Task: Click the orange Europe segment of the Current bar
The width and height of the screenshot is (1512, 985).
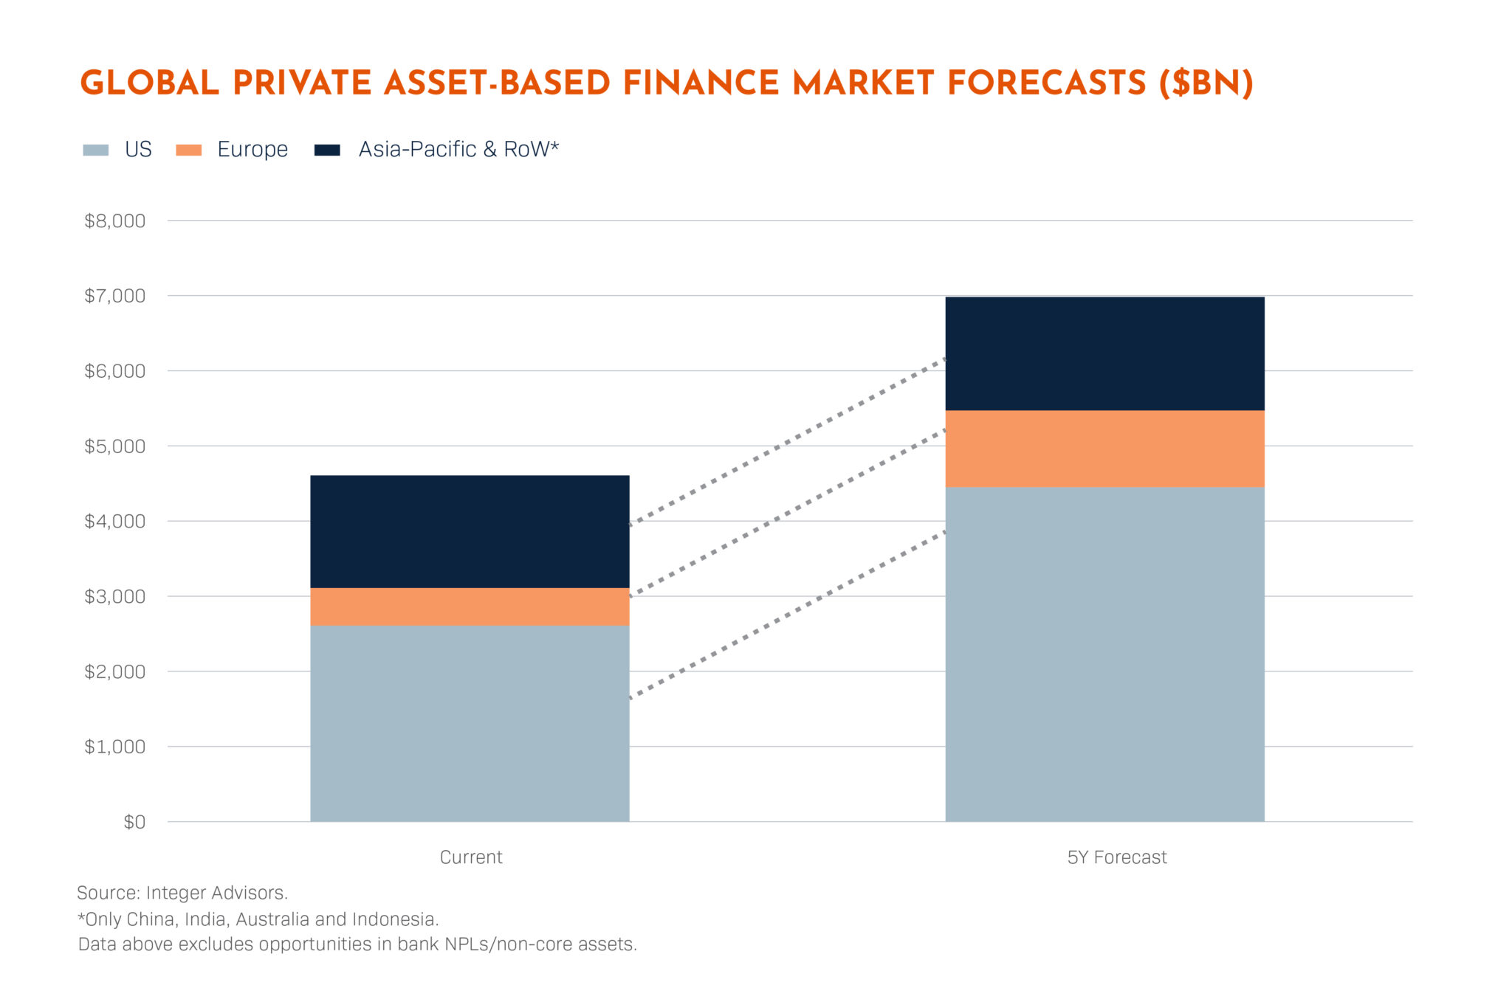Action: tap(470, 606)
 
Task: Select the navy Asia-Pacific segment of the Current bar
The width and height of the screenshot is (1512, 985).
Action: tap(470, 531)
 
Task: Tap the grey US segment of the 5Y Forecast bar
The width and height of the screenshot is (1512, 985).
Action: tap(1104, 654)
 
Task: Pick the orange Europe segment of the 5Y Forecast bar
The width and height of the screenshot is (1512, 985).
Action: tap(1104, 449)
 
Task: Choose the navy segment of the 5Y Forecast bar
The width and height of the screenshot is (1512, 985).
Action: tap(1104, 353)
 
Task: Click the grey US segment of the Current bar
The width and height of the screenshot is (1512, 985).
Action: tap(470, 723)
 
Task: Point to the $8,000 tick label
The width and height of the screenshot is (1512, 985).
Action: tap(114, 221)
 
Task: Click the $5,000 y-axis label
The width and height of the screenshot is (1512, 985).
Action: tap(114, 446)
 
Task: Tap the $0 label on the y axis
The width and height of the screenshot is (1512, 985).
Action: tap(134, 822)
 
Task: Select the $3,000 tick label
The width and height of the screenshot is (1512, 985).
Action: tap(114, 597)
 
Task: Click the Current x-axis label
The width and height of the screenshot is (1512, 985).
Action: tap(471, 857)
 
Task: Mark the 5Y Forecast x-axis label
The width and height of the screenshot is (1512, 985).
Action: tap(1116, 857)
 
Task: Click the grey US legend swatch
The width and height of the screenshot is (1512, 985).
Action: tap(95, 150)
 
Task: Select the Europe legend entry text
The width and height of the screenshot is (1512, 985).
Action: tap(252, 150)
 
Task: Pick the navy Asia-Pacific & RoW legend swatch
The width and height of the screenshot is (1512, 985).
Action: tap(327, 150)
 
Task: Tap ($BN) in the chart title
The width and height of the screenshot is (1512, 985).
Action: tap(1206, 83)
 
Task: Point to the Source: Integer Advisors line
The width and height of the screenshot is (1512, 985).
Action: tap(182, 893)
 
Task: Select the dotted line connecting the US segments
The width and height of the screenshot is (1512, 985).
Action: tap(787, 615)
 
